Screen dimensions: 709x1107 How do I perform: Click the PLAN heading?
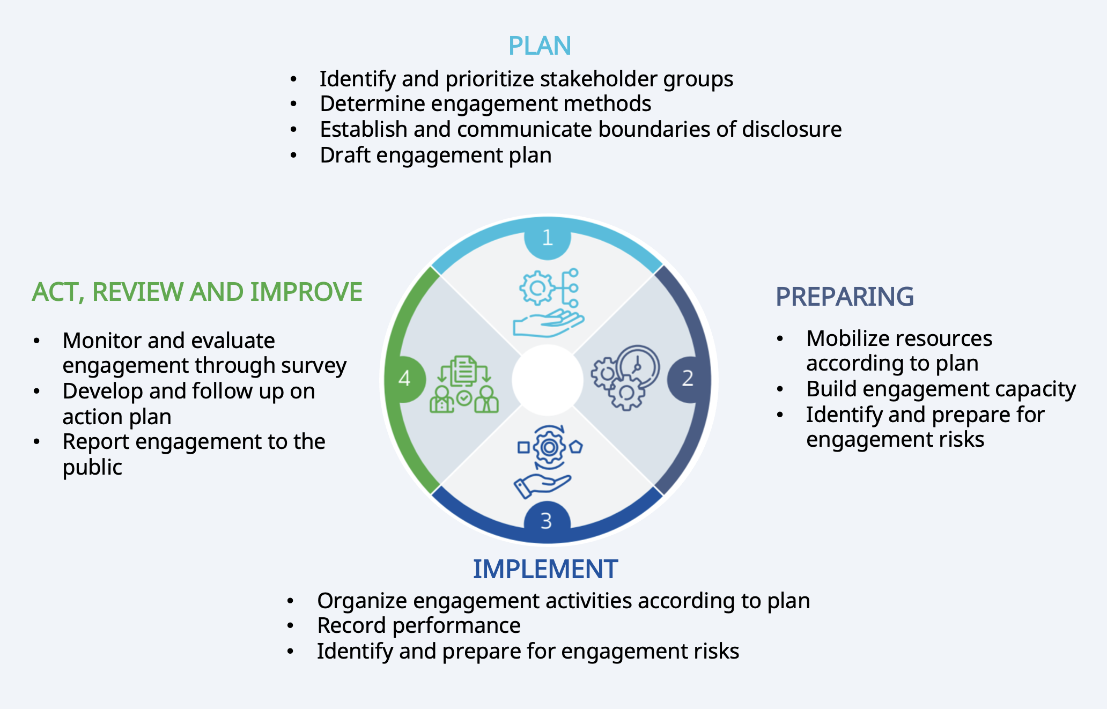pyautogui.click(x=540, y=46)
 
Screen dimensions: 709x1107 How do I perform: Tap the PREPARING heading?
pyautogui.click(x=845, y=297)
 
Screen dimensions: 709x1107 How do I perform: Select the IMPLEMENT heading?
pyautogui.click(x=545, y=569)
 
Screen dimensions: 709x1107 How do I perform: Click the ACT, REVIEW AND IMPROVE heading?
pyautogui.click(x=197, y=292)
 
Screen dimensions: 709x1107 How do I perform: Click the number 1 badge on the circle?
pyautogui.click(x=547, y=238)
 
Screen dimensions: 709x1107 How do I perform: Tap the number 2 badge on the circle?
pyautogui.click(x=688, y=379)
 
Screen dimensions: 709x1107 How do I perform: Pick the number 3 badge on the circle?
pyautogui.click(x=547, y=521)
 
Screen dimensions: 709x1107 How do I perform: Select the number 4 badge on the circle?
pyautogui.click(x=404, y=379)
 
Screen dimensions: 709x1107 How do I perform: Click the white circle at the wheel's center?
pyautogui.click(x=547, y=380)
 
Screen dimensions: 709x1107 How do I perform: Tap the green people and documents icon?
pyautogui.click(x=464, y=385)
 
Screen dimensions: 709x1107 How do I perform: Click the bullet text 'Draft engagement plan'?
pyautogui.click(x=436, y=156)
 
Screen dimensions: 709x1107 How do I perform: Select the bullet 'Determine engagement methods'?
pyautogui.click(x=485, y=104)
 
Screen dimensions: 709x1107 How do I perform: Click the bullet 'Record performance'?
pyautogui.click(x=418, y=626)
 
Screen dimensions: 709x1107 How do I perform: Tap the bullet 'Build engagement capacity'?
pyautogui.click(x=941, y=389)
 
